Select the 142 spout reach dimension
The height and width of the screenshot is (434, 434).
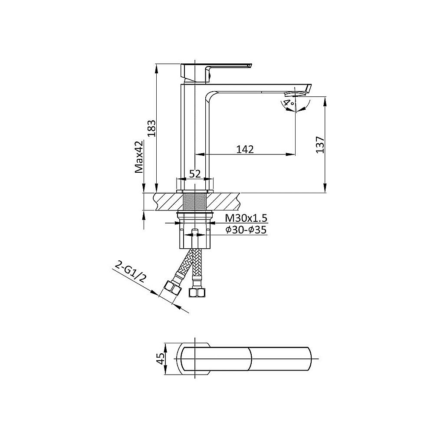point(245,149)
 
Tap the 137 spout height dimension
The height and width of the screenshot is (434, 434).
point(320,144)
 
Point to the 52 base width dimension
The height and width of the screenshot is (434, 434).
point(195,174)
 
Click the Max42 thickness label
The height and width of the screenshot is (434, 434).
point(139,157)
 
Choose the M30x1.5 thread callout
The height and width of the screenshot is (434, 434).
point(246,218)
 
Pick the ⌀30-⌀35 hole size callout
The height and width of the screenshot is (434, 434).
point(246,230)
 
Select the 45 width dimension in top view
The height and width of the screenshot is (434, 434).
point(160,359)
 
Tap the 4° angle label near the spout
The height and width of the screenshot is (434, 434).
point(290,103)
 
